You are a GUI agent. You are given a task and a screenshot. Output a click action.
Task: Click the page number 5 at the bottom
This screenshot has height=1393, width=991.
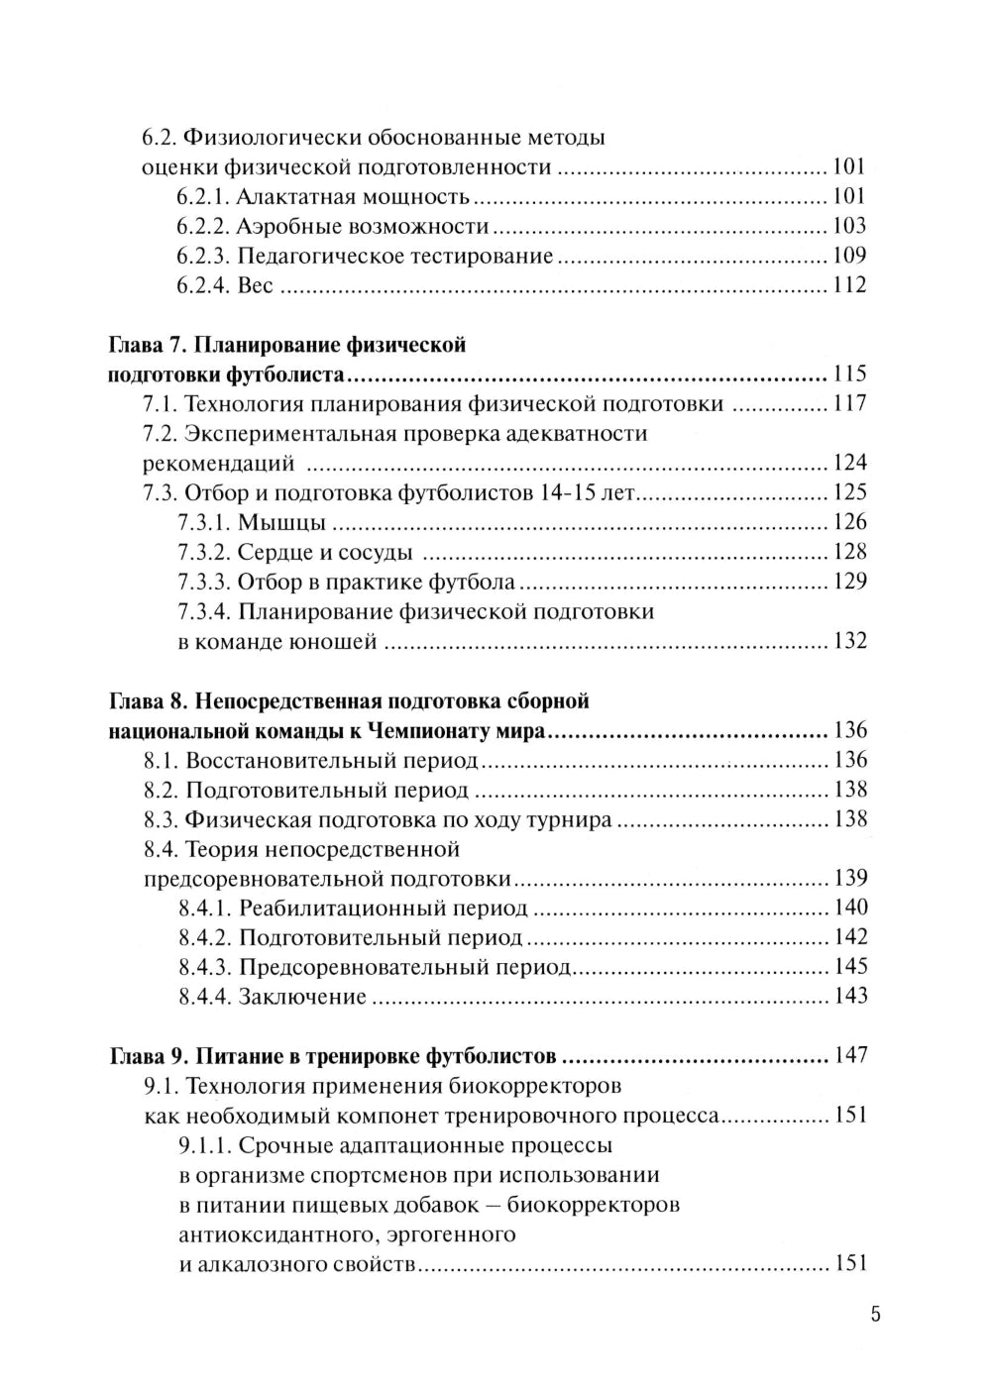pyautogui.click(x=874, y=1316)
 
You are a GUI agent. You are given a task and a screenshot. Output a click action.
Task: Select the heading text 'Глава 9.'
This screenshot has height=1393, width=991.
pyautogui.click(x=143, y=1055)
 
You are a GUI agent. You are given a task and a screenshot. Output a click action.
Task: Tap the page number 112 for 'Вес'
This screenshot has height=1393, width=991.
pyautogui.click(x=849, y=285)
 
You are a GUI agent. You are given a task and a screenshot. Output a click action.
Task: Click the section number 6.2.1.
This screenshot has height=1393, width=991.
pyautogui.click(x=204, y=196)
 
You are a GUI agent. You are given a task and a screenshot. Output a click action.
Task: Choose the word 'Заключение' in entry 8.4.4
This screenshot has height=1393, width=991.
pyautogui.click(x=302, y=997)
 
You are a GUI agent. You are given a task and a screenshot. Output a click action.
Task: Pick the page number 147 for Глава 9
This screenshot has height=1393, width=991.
pyautogui.click(x=850, y=1055)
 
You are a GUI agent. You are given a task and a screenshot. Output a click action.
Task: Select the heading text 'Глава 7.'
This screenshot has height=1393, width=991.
pyautogui.click(x=143, y=345)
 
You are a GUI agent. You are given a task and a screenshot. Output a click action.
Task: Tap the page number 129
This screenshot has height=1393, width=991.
pyautogui.click(x=849, y=582)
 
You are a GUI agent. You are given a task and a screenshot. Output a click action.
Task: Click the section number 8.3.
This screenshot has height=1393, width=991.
pyautogui.click(x=162, y=819)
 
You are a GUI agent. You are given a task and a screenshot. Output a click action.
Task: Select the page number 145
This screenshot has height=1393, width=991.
pyautogui.click(x=849, y=967)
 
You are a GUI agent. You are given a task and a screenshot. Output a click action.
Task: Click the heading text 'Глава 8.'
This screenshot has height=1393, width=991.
pyautogui.click(x=143, y=701)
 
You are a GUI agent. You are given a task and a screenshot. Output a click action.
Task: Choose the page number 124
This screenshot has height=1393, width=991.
pyautogui.click(x=849, y=463)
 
